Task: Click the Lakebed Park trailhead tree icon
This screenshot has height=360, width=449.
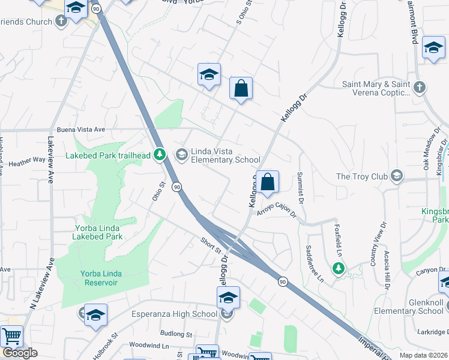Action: coord(160,155)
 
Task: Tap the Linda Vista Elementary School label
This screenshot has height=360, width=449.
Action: coord(225,155)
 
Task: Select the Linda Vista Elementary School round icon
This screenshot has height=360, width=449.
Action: coord(181,155)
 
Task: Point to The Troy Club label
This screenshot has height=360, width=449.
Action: coord(360,176)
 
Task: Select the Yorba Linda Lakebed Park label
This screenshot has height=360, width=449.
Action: coord(99,232)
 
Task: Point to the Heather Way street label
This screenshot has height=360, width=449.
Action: coord(27,161)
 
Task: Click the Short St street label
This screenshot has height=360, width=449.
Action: coord(211,245)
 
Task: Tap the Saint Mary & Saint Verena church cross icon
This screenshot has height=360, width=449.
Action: coord(420,88)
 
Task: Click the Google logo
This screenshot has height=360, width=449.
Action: coord(20,353)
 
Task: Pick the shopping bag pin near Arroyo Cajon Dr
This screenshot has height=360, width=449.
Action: coord(267,181)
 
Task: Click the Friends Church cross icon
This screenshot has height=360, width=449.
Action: coord(61,22)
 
